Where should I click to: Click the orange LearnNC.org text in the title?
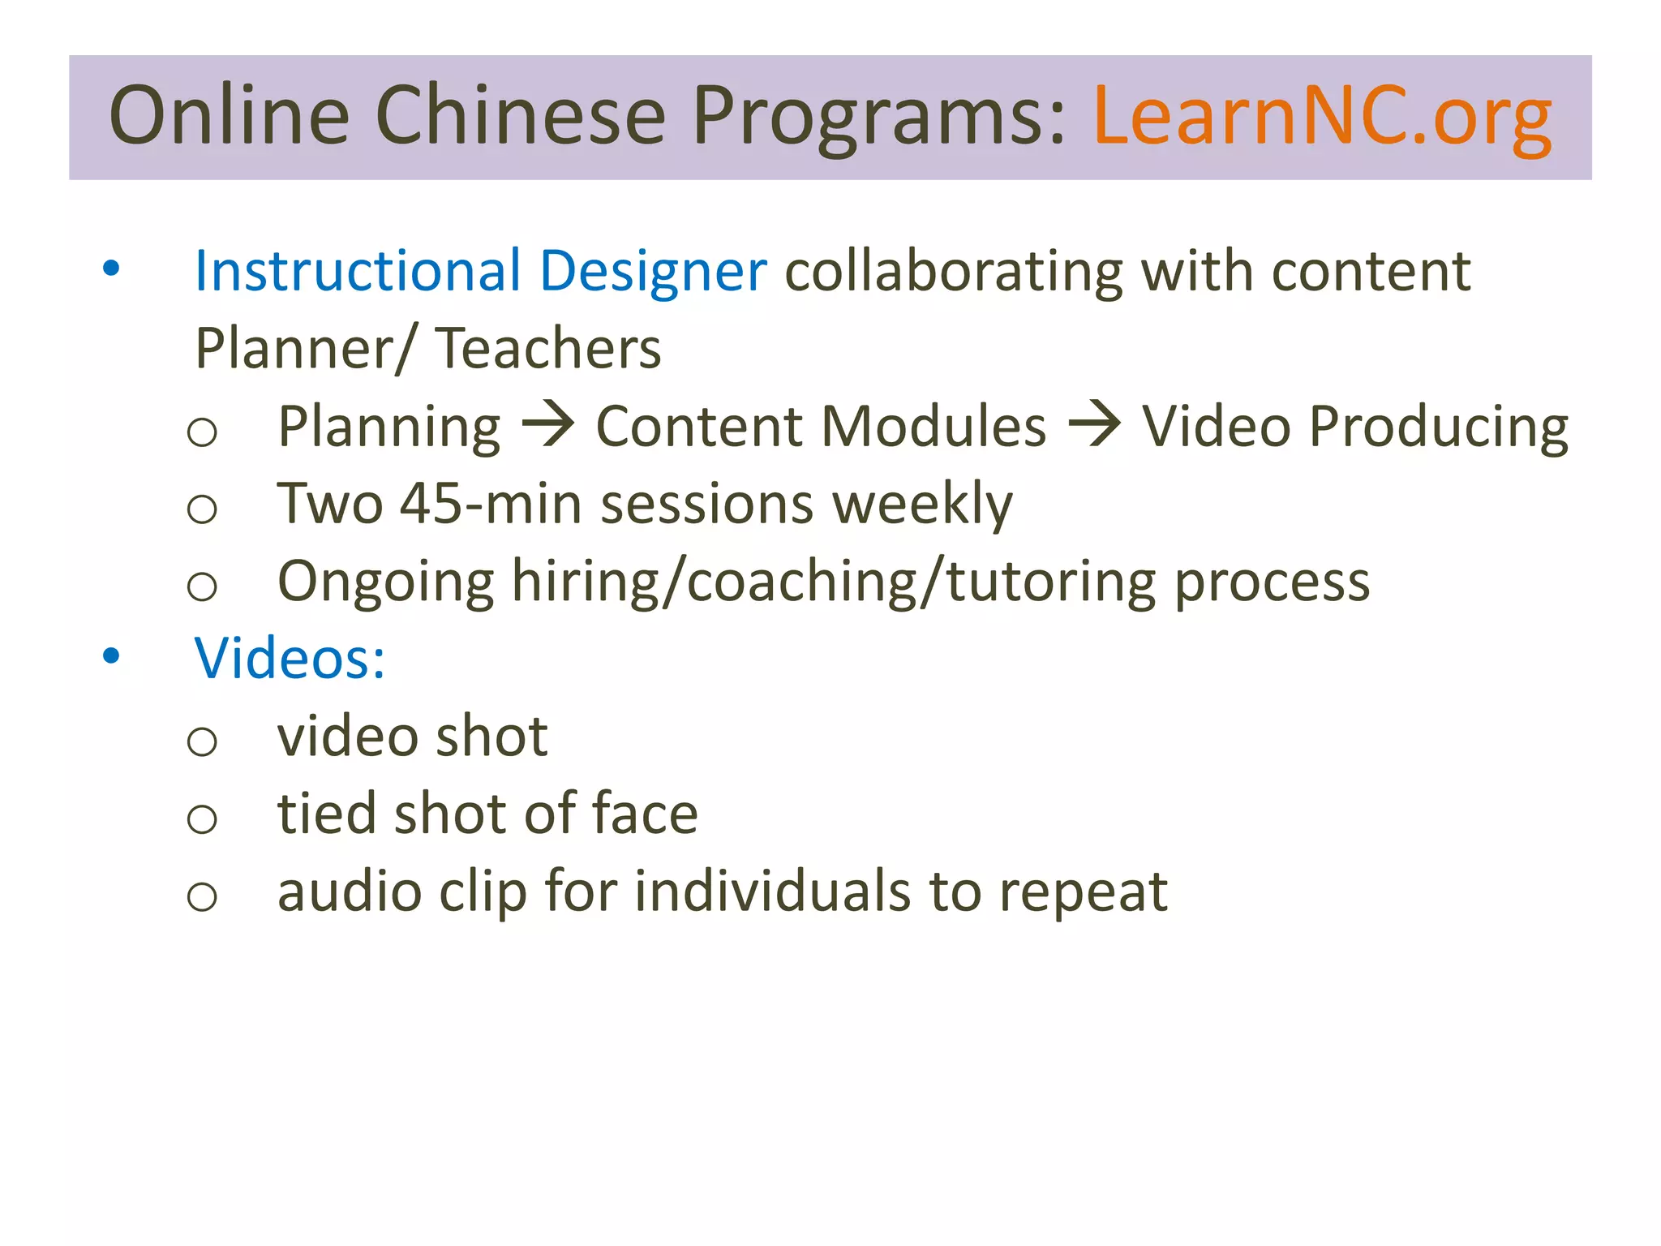coord(1322,118)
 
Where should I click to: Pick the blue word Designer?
coord(653,272)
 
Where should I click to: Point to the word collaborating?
coord(954,272)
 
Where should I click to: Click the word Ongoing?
coord(385,582)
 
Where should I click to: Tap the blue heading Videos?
coord(290,658)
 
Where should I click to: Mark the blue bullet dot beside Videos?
coord(111,655)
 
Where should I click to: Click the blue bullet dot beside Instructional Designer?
coord(111,268)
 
